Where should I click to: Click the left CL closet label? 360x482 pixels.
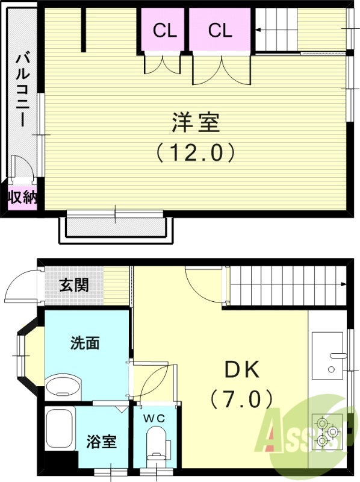click(164, 31)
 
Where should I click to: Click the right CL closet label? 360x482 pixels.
click(220, 31)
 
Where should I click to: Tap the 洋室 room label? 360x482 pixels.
click(195, 123)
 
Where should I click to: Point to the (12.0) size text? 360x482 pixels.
click(195, 152)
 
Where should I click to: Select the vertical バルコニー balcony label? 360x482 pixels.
click(22, 90)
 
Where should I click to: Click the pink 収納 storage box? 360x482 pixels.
click(22, 198)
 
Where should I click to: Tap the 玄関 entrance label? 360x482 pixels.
click(73, 284)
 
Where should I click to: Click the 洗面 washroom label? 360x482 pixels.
click(85, 343)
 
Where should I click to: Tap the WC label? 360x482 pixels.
click(154, 417)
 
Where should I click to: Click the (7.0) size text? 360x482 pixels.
click(241, 398)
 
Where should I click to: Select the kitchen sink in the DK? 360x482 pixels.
click(329, 355)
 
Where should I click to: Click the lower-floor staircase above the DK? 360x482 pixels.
click(287, 284)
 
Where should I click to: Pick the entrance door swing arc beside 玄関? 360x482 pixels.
click(21, 286)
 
